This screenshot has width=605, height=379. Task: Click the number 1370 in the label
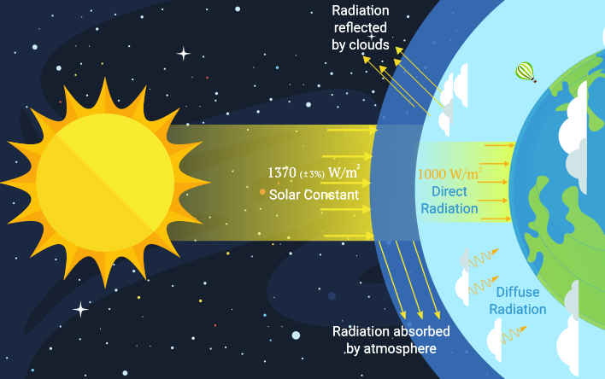pyautogui.click(x=282, y=173)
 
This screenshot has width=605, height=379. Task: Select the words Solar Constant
pyautogui.click(x=314, y=195)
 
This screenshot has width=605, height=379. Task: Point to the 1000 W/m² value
pyautogui.click(x=449, y=173)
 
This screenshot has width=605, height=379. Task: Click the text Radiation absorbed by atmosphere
pyautogui.click(x=391, y=340)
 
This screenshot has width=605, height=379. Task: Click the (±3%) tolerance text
pyautogui.click(x=314, y=174)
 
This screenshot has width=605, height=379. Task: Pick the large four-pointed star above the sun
pyautogui.click(x=183, y=53)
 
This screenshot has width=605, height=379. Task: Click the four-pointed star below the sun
pyautogui.click(x=80, y=308)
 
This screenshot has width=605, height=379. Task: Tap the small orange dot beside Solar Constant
pyautogui.click(x=261, y=192)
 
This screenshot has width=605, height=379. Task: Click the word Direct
pyautogui.click(x=449, y=191)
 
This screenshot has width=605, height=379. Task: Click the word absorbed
pyautogui.click(x=420, y=331)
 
